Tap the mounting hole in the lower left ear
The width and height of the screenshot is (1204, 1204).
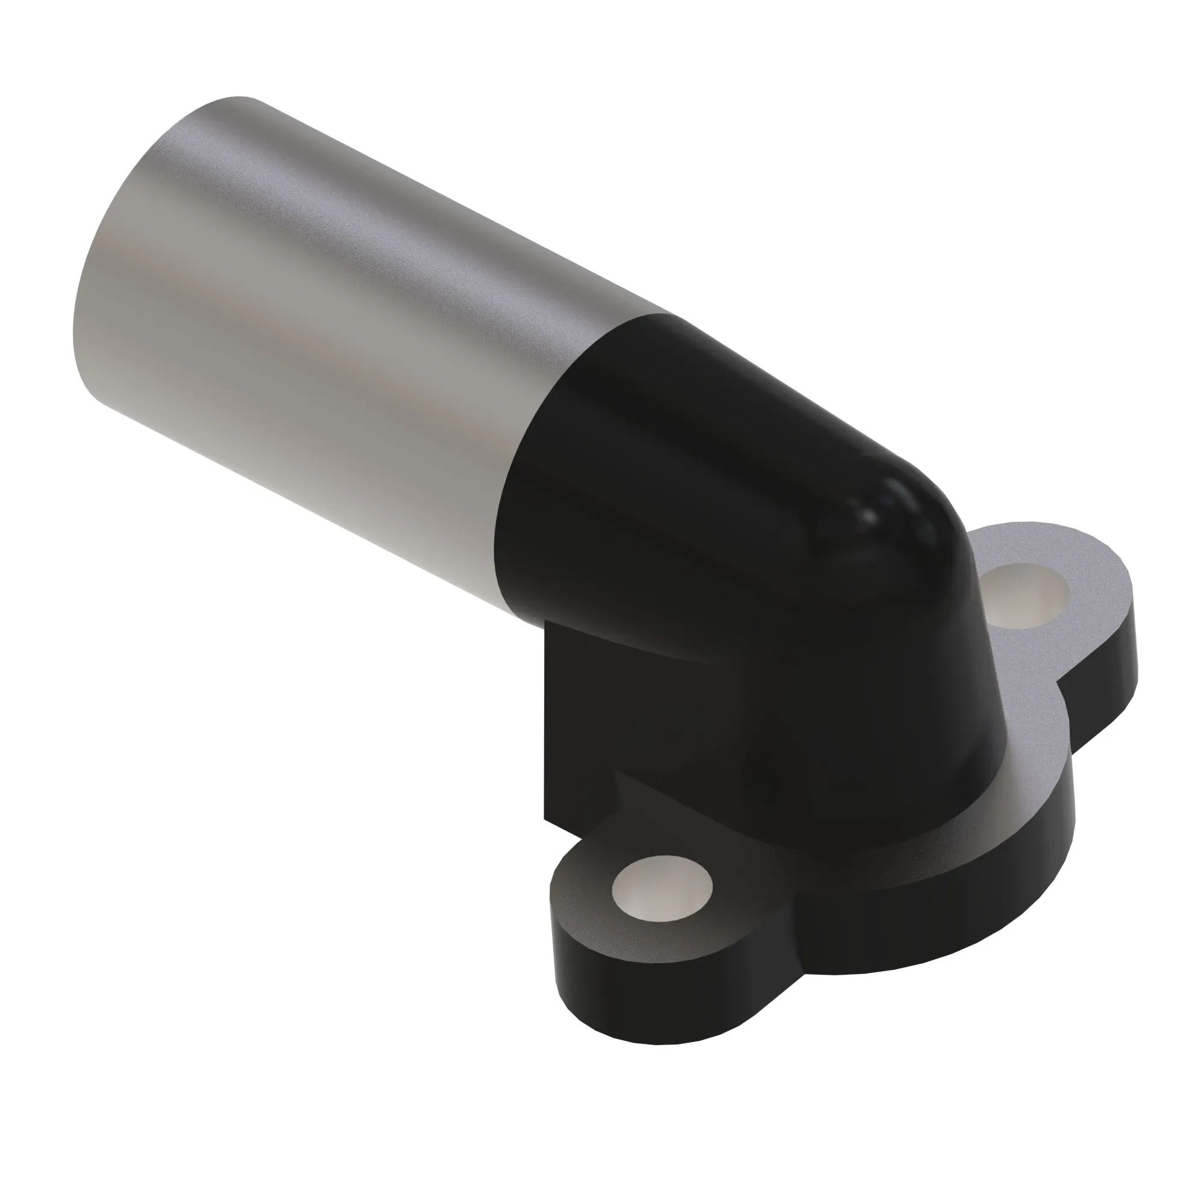tap(662, 886)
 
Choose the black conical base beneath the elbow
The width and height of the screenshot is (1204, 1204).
tap(872, 748)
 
